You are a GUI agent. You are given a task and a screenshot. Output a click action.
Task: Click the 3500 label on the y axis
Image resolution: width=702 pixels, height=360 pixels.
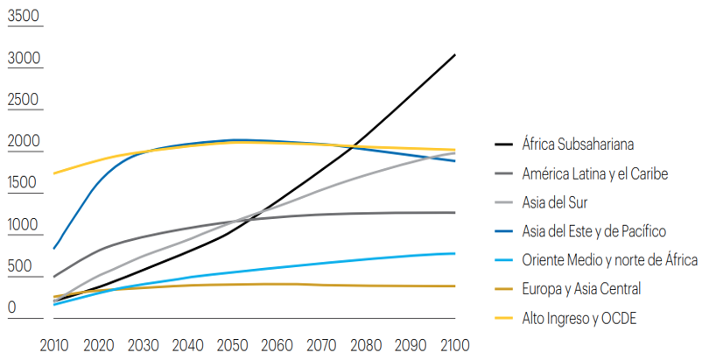point(23,17)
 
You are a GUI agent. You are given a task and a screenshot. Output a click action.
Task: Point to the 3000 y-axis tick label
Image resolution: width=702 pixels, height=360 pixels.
point(23,59)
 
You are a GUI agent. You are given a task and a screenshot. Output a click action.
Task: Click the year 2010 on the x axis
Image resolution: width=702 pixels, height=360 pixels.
point(54,344)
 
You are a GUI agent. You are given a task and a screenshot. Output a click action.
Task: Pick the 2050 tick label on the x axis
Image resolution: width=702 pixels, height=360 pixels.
point(232,344)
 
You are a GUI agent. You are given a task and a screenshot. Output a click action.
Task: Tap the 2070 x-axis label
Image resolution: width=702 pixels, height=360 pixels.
point(321,344)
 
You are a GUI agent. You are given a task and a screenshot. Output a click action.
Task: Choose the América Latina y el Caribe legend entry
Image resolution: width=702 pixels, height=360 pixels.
point(594,173)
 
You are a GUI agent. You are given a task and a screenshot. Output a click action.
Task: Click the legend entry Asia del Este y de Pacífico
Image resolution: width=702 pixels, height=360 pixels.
point(594,231)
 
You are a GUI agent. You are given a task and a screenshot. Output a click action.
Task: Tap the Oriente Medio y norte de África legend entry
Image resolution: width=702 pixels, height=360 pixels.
point(609,260)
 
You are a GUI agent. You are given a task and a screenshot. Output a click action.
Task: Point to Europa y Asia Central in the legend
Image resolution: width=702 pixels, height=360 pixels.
point(581,289)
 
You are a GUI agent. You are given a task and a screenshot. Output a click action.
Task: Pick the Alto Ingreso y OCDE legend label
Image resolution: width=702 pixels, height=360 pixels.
point(579,318)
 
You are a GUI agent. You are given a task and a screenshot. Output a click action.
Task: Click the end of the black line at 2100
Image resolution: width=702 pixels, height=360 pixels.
point(455,54)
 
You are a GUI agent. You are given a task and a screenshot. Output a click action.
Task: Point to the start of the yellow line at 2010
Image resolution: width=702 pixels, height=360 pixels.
point(53,173)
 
